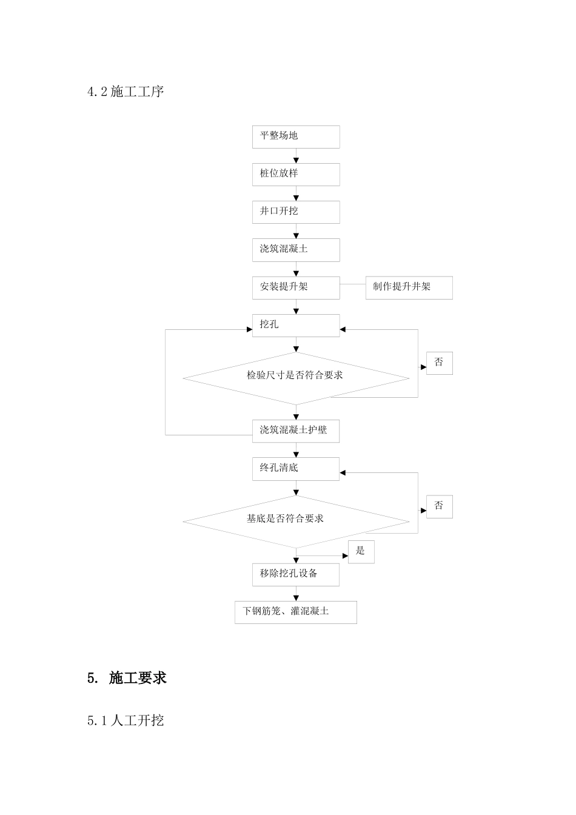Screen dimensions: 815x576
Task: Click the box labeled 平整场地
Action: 296,136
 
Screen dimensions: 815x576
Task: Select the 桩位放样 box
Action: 296,174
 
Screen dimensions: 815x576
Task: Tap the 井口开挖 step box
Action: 296,212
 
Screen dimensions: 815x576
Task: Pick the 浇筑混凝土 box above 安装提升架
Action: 296,249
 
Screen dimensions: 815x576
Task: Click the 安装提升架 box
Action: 296,287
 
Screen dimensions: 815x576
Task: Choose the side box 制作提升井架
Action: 409,287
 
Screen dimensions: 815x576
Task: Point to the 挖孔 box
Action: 296,325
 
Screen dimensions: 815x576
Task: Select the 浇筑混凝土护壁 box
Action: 296,431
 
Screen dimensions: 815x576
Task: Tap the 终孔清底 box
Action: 296,469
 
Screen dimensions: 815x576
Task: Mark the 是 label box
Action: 361,551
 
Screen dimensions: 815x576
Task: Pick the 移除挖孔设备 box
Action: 296,574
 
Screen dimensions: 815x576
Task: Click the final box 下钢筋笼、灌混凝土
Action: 296,612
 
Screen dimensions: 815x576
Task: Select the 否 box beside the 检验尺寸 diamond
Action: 439,363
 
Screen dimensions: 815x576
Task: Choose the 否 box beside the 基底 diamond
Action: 439,506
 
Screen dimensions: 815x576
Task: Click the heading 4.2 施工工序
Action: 126,92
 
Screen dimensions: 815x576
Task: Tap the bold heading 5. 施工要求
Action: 127,678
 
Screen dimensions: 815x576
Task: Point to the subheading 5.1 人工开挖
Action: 126,720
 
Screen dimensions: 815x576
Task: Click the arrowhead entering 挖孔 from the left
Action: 249,329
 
